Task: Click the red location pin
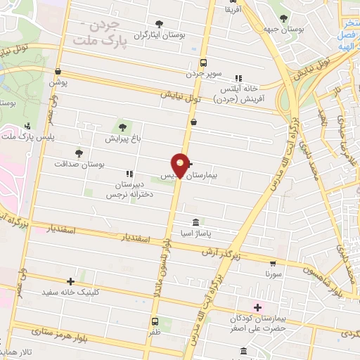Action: (x=181, y=165)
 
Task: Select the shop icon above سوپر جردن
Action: (x=203, y=62)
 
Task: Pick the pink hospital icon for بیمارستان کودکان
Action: (x=257, y=307)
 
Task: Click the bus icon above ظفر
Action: (x=154, y=321)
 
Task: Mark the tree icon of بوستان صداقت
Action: (x=78, y=152)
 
